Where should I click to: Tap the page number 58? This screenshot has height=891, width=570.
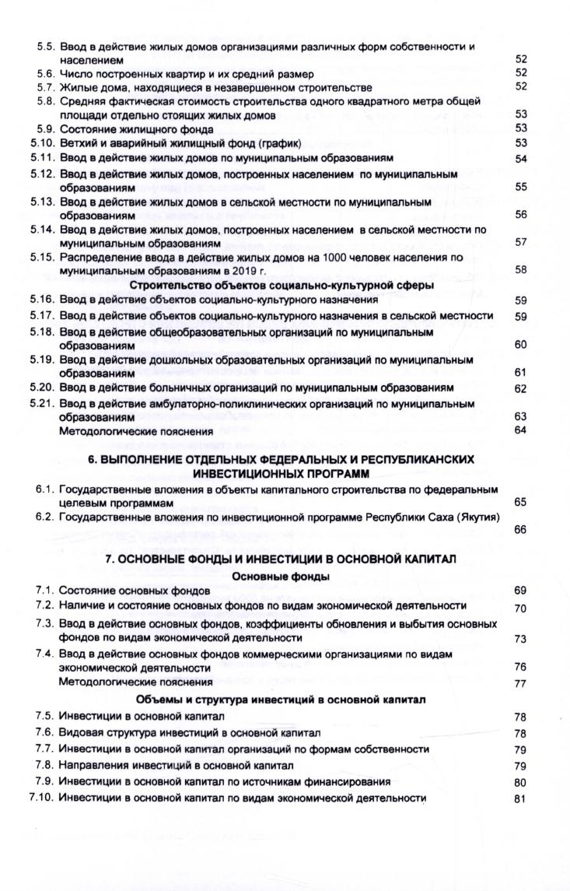tap(521, 270)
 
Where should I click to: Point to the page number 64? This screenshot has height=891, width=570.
tap(521, 431)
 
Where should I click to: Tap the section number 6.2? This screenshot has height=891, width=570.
tap(45, 517)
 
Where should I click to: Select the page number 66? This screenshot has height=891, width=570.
tap(521, 529)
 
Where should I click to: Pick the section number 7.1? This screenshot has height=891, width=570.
tap(45, 591)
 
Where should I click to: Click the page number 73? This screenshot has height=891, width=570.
tap(521, 638)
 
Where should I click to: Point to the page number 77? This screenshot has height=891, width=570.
tap(521, 683)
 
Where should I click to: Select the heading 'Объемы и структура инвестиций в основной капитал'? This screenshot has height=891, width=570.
tap(286, 699)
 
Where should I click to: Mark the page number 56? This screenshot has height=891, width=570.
tap(521, 215)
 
